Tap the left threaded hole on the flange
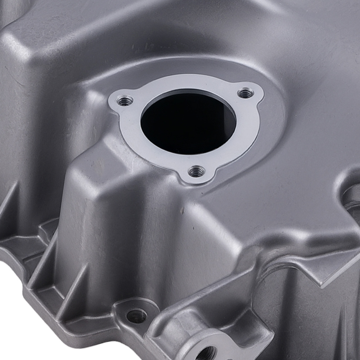125,101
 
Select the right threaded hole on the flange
246,94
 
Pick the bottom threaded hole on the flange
196,171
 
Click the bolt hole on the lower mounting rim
137,316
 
